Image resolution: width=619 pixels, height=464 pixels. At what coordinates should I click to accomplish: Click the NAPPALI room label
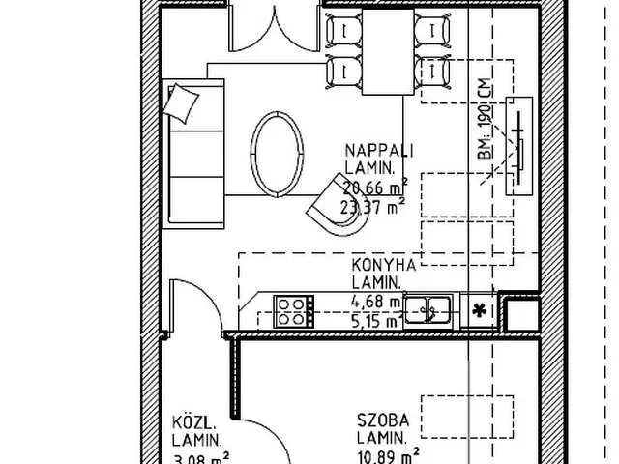[380, 151]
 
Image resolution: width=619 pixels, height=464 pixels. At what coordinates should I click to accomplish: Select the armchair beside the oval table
[339, 214]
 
